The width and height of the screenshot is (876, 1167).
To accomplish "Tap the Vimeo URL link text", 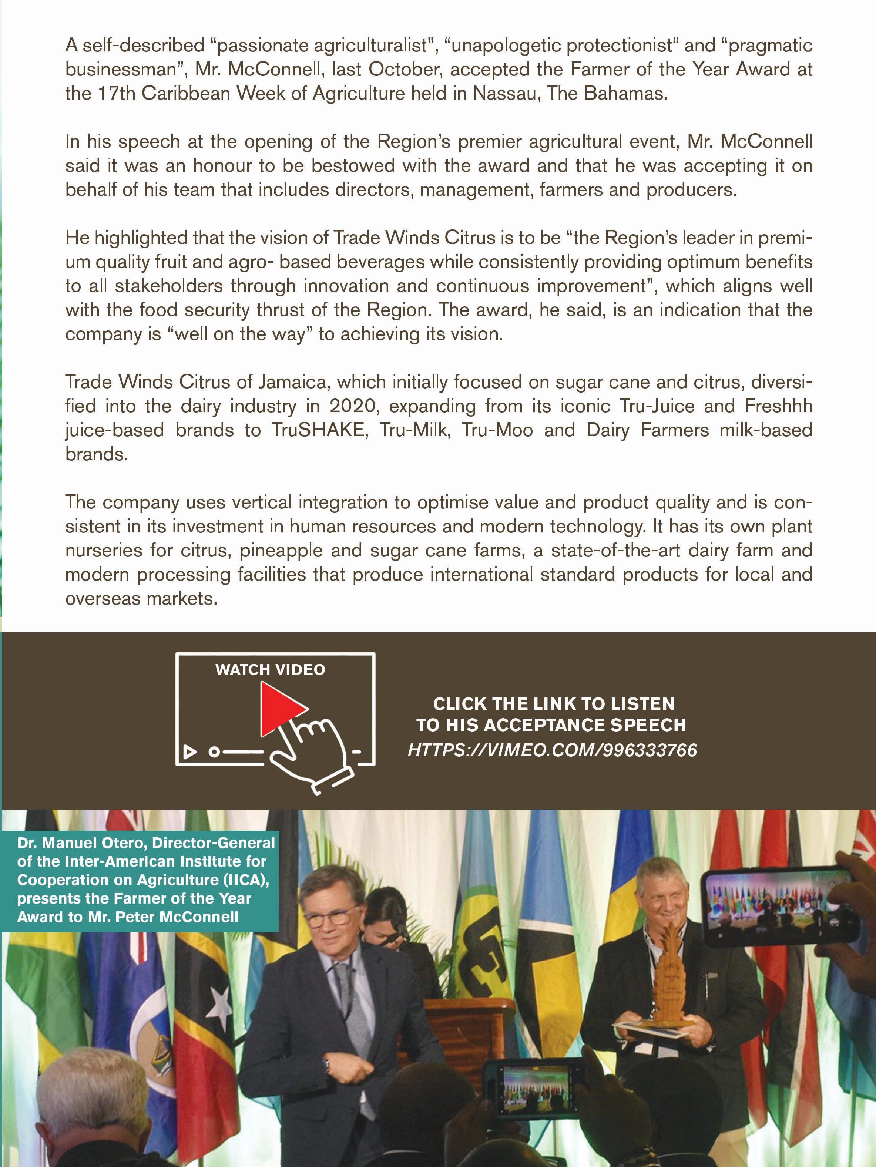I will click(x=552, y=750).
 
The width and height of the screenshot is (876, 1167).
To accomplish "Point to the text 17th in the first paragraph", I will click(x=117, y=93).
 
